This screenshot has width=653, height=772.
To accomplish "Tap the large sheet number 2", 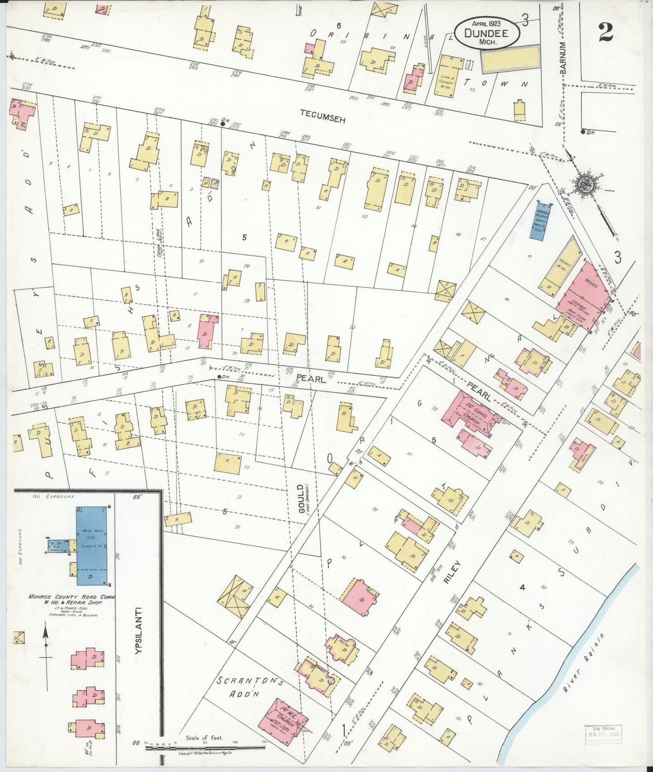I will tap(606, 32).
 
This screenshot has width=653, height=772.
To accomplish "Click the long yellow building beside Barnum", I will tap(510, 59).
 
